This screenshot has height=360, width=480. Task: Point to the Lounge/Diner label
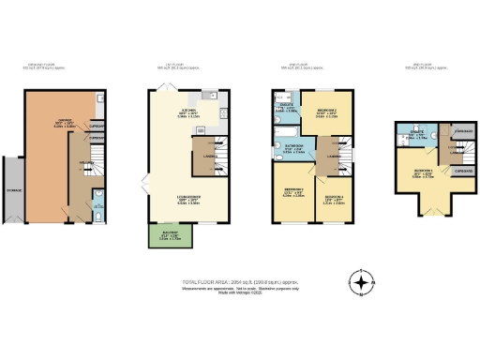188,200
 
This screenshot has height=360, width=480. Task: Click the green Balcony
164,235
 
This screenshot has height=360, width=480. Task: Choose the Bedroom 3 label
290,193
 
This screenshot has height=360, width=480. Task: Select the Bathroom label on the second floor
292,145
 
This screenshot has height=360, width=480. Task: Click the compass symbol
361,280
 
